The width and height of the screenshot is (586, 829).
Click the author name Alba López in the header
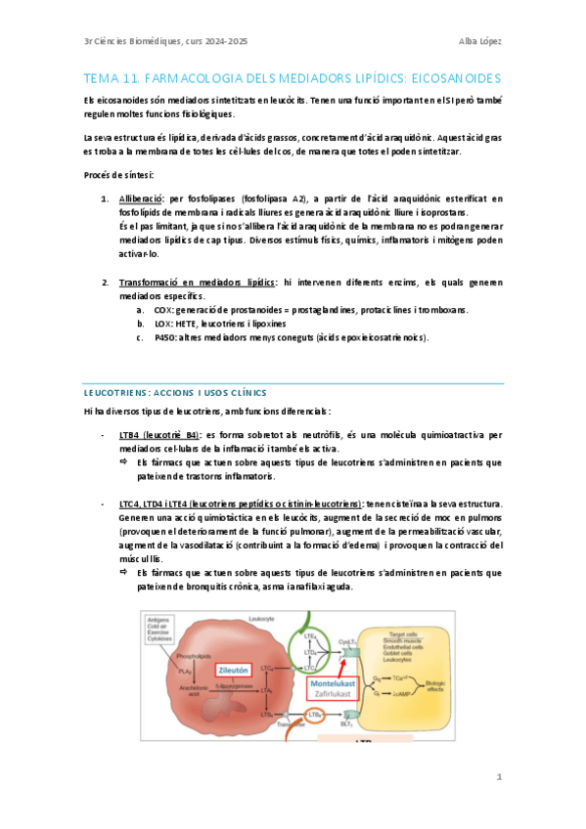coord(479,40)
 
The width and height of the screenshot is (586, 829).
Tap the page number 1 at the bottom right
coord(499,778)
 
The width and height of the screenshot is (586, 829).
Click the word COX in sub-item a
coord(163,309)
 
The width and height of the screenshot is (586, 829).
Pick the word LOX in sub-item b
coord(163,323)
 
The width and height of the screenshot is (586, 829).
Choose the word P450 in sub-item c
coord(165,337)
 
